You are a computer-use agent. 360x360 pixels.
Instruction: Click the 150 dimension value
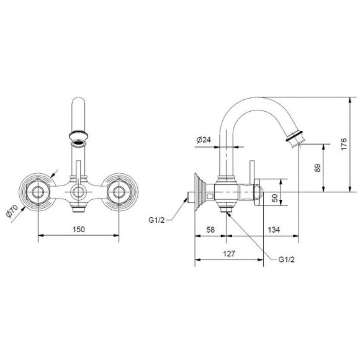pyautogui.click(x=79, y=230)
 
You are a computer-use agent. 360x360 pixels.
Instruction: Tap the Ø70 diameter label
pyautogui.click(x=12, y=211)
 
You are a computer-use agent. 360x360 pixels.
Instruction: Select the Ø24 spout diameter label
pyautogui.click(x=204, y=140)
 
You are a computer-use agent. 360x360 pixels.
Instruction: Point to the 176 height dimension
pyautogui.click(x=344, y=144)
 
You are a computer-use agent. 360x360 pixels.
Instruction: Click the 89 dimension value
pyautogui.click(x=317, y=168)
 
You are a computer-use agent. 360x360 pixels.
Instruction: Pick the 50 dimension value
pyautogui.click(x=274, y=198)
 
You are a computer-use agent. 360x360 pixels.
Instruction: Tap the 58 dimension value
pyautogui.click(x=210, y=230)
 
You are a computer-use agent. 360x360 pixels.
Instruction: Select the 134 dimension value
pyautogui.click(x=274, y=230)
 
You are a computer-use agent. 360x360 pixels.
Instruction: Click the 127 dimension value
pyautogui.click(x=229, y=254)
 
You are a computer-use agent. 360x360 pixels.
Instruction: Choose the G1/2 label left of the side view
pyautogui.click(x=156, y=220)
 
